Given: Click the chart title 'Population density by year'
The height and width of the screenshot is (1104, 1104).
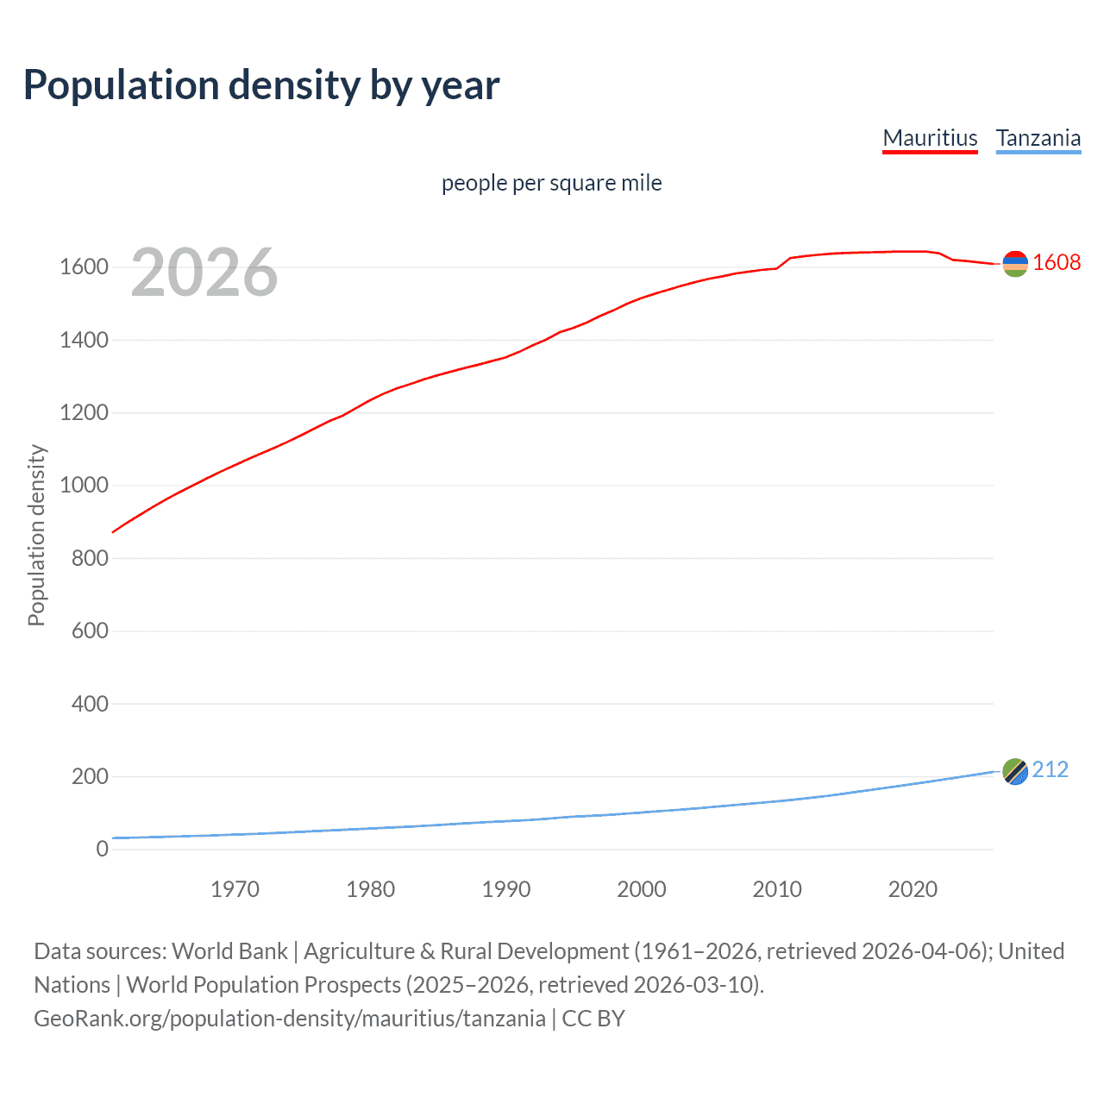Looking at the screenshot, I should coord(261,85).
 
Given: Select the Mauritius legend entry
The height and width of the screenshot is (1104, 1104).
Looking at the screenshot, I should coord(930,138).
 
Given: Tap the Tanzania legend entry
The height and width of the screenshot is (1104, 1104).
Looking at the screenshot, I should coord(1038,138).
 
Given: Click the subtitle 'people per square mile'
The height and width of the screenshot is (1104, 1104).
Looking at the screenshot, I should coord(551,183).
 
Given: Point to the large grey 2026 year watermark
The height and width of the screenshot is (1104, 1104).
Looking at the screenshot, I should coord(204,273).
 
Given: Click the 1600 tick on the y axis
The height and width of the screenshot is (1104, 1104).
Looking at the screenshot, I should coord(84,267).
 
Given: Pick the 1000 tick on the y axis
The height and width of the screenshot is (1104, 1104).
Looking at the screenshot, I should coord(84,486).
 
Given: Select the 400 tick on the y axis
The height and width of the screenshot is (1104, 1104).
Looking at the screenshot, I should coord(90,704).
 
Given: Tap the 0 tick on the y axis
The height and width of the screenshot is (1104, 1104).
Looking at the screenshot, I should coord(102,850).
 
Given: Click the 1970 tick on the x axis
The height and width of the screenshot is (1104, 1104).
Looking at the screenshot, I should coord(235,889).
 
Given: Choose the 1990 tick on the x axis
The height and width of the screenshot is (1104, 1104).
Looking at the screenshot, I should coord(506,889).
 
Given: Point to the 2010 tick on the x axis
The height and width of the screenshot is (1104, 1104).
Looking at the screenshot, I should coord(777,889).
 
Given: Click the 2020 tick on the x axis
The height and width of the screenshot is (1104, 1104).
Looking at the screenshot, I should coord(913,889).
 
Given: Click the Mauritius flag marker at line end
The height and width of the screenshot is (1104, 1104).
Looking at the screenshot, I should coord(1015,264).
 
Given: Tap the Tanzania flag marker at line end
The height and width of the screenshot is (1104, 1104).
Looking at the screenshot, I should coord(1015,771).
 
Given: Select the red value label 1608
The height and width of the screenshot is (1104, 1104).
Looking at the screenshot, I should coord(1057,263).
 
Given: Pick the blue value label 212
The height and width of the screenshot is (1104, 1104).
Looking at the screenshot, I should coord(1050,769).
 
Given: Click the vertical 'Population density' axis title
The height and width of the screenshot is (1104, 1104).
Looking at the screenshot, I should coord(36,535).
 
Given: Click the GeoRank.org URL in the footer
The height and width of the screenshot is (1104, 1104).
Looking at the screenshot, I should coord(290,1019).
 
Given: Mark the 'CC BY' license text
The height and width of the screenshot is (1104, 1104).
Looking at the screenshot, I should coord(593,1019).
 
